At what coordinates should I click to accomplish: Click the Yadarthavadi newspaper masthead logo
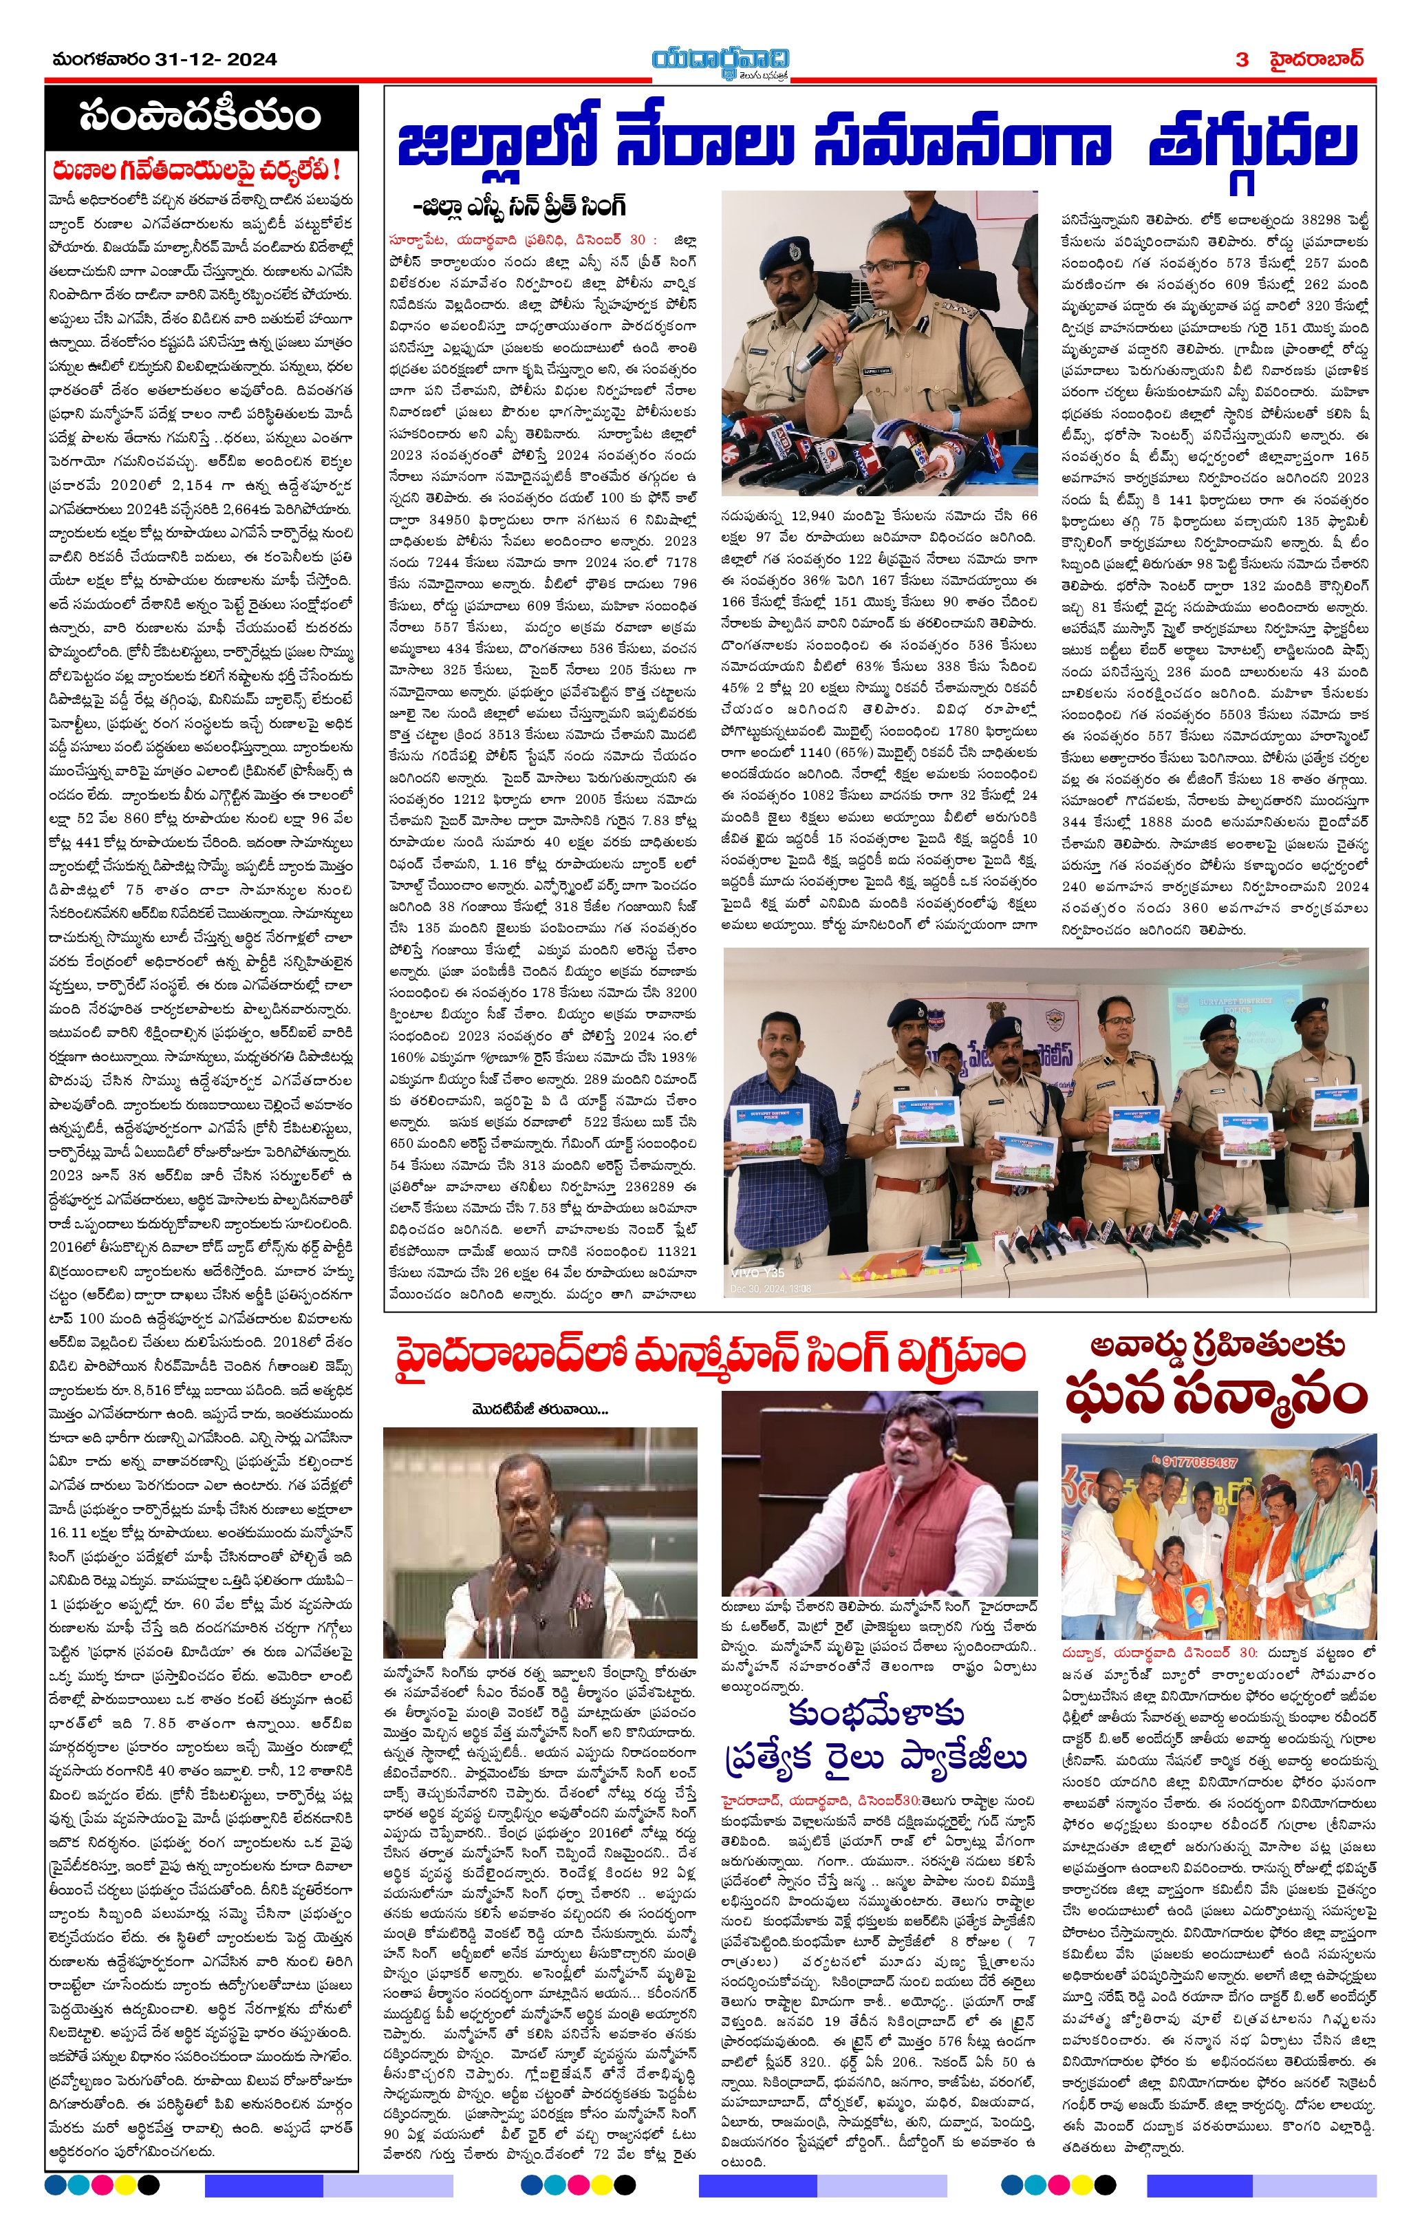coord(720,61)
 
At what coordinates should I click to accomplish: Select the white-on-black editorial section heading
coord(200,116)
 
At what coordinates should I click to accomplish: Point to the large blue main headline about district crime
coord(877,146)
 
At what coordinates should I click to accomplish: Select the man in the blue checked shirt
coord(778,1124)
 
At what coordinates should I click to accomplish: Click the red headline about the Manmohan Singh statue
coord(709,1356)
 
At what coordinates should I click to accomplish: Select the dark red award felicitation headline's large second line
coord(1217,1396)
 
